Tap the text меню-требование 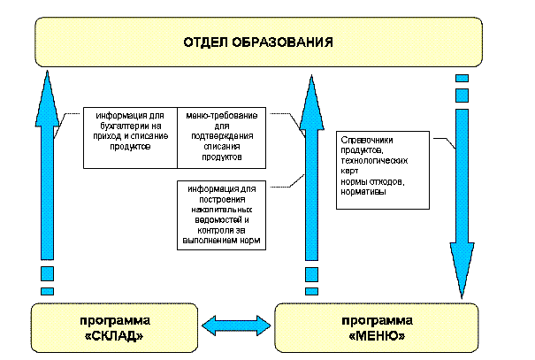tap(215, 117)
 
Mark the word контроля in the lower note tap(205, 231)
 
